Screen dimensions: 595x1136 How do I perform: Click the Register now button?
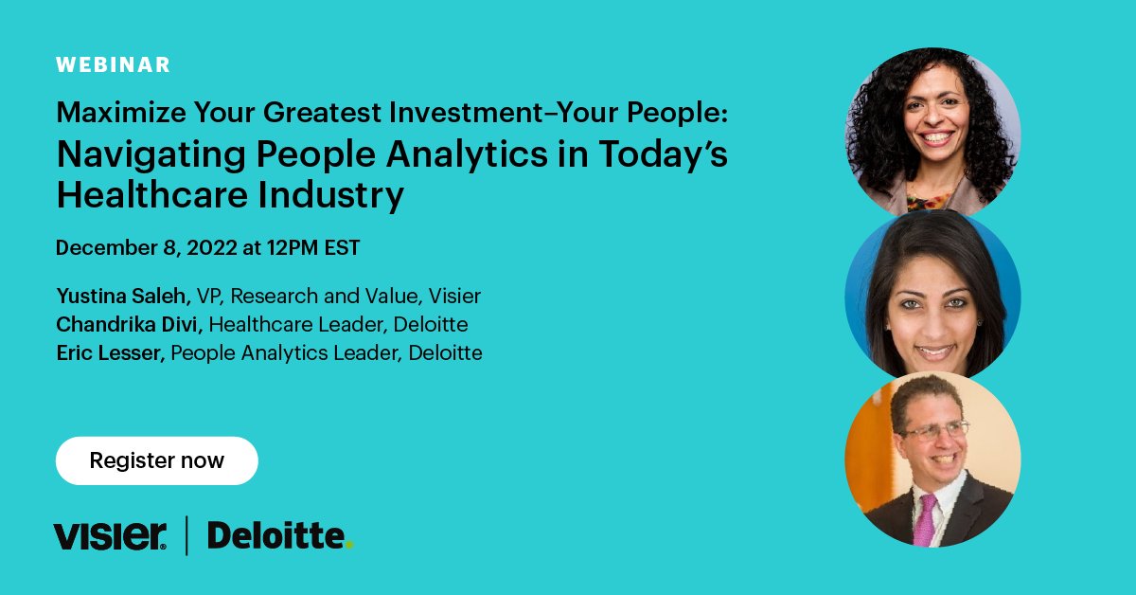pos(156,461)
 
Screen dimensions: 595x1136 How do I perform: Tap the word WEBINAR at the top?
pos(113,65)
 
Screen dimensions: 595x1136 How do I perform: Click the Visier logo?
pos(111,535)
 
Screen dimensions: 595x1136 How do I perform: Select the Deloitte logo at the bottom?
pos(275,535)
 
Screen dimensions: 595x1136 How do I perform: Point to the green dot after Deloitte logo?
pos(348,545)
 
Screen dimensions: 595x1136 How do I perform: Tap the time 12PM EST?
pos(312,248)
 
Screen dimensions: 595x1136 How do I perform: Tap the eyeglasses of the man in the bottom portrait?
pos(933,431)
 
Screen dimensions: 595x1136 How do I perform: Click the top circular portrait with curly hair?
pos(932,130)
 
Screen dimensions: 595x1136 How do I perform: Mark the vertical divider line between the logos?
pos(186,535)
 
